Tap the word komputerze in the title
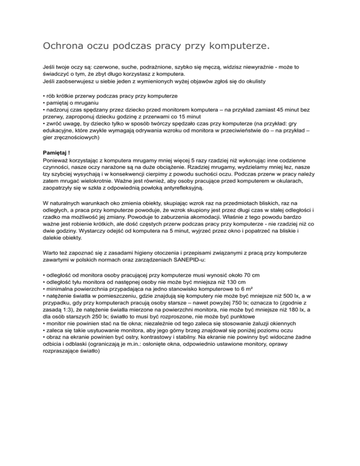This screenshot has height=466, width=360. point(231,46)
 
